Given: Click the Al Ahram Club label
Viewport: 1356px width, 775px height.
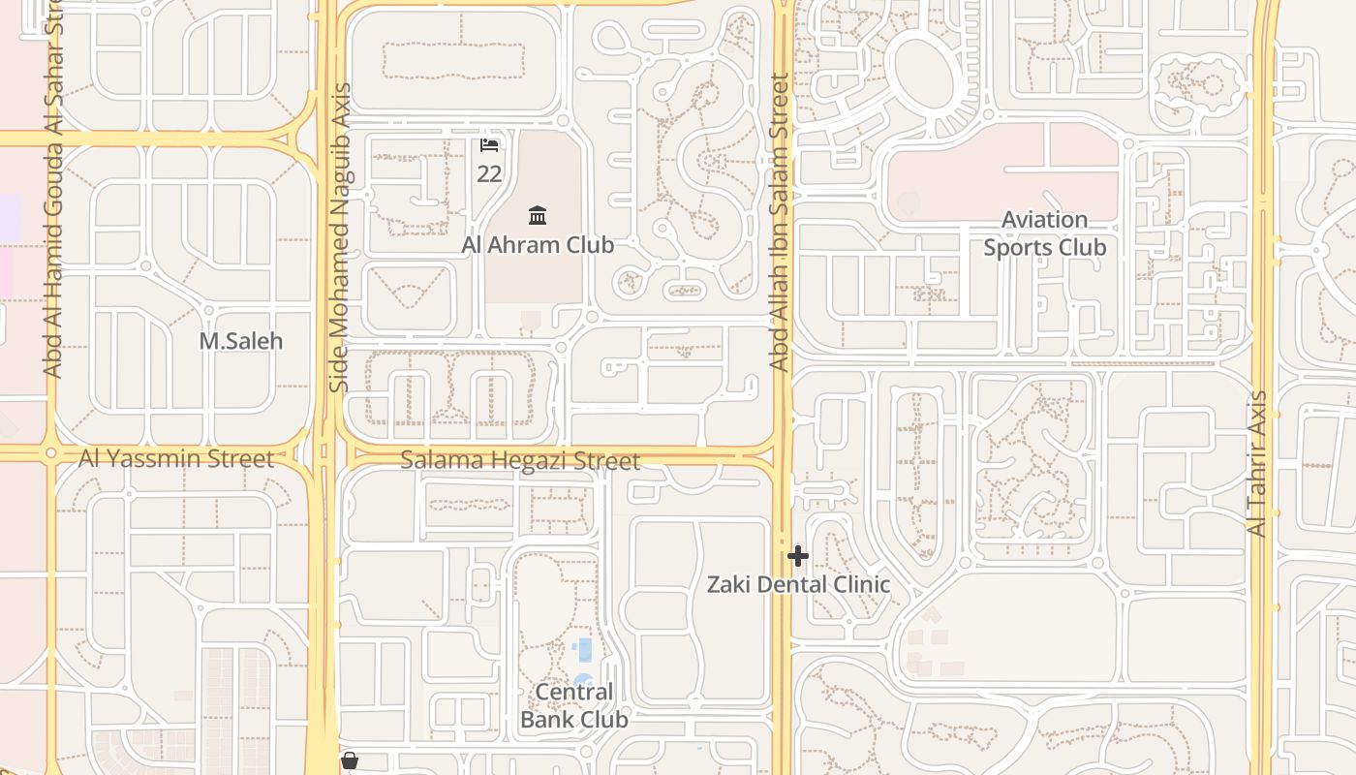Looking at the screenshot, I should (538, 245).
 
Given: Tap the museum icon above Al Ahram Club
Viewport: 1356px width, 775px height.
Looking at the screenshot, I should (538, 214).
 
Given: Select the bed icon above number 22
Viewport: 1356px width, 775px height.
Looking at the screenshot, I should (489, 145).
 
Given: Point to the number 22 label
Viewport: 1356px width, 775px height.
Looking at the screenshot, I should (489, 173).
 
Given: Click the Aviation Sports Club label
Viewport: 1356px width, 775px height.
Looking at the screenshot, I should (1044, 233).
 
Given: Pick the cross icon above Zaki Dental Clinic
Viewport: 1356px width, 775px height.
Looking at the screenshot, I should (798, 556).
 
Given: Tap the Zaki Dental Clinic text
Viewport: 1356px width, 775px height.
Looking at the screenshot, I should (797, 584).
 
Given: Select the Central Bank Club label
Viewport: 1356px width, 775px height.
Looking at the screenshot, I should (574, 705).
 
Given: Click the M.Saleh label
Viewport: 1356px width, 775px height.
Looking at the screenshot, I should (240, 341).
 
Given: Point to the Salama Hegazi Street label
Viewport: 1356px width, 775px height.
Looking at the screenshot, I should (520, 461).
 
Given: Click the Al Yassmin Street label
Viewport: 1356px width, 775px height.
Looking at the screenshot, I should (176, 458).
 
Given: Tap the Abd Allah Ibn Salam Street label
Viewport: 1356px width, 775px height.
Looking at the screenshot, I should (780, 223).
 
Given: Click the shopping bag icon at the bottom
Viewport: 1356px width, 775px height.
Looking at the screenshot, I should (350, 761).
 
